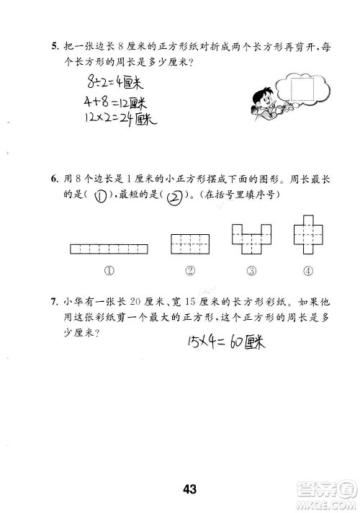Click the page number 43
(189, 470)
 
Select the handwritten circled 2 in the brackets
(174, 196)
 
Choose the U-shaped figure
(246, 239)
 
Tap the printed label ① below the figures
(109, 272)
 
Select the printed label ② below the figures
(190, 272)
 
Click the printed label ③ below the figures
(251, 272)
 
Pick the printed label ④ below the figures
(307, 272)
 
